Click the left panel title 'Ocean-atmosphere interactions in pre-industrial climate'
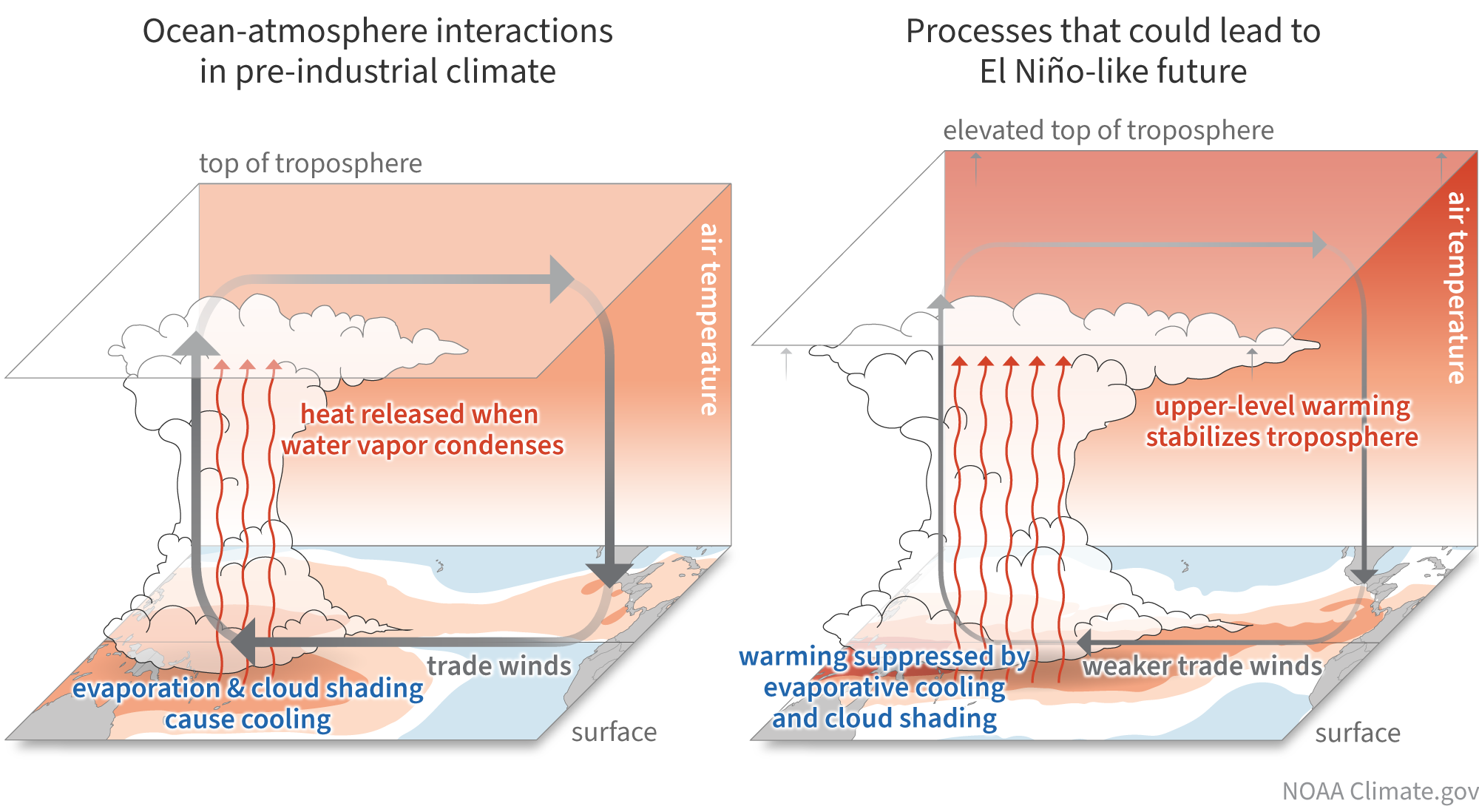pos(377,51)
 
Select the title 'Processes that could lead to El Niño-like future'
pos(1112,51)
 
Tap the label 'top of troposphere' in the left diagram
pos(311,163)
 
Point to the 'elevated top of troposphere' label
pos(1108,130)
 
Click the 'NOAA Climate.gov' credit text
pos(1379,791)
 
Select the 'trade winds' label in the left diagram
pos(499,666)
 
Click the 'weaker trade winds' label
pos(1202,666)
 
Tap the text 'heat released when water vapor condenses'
pos(422,430)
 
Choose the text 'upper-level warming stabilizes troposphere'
pos(1282,422)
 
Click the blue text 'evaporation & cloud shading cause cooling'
pos(248,703)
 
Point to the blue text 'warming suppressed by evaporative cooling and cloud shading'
pos(884,687)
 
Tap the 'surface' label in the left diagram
pos(614,732)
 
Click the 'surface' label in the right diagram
pos(1358,733)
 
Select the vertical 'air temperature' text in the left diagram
pos(708,319)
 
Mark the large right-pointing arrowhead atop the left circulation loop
pos(562,280)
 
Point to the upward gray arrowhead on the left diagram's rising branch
pos(196,344)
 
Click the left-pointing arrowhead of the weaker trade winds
pos(1084,642)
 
